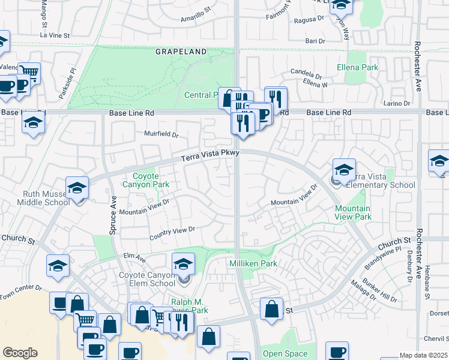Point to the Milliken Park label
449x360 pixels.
click(253, 263)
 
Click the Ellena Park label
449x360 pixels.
click(358, 67)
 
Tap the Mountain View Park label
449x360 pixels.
click(352, 212)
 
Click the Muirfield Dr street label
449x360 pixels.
click(161, 134)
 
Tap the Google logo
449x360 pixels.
click(20, 353)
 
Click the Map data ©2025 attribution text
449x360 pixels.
click(423, 355)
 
